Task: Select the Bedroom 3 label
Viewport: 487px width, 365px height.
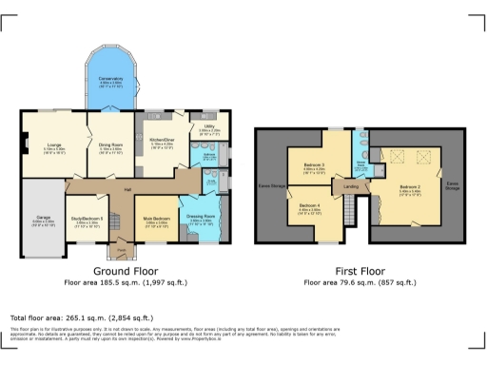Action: [315, 165]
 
